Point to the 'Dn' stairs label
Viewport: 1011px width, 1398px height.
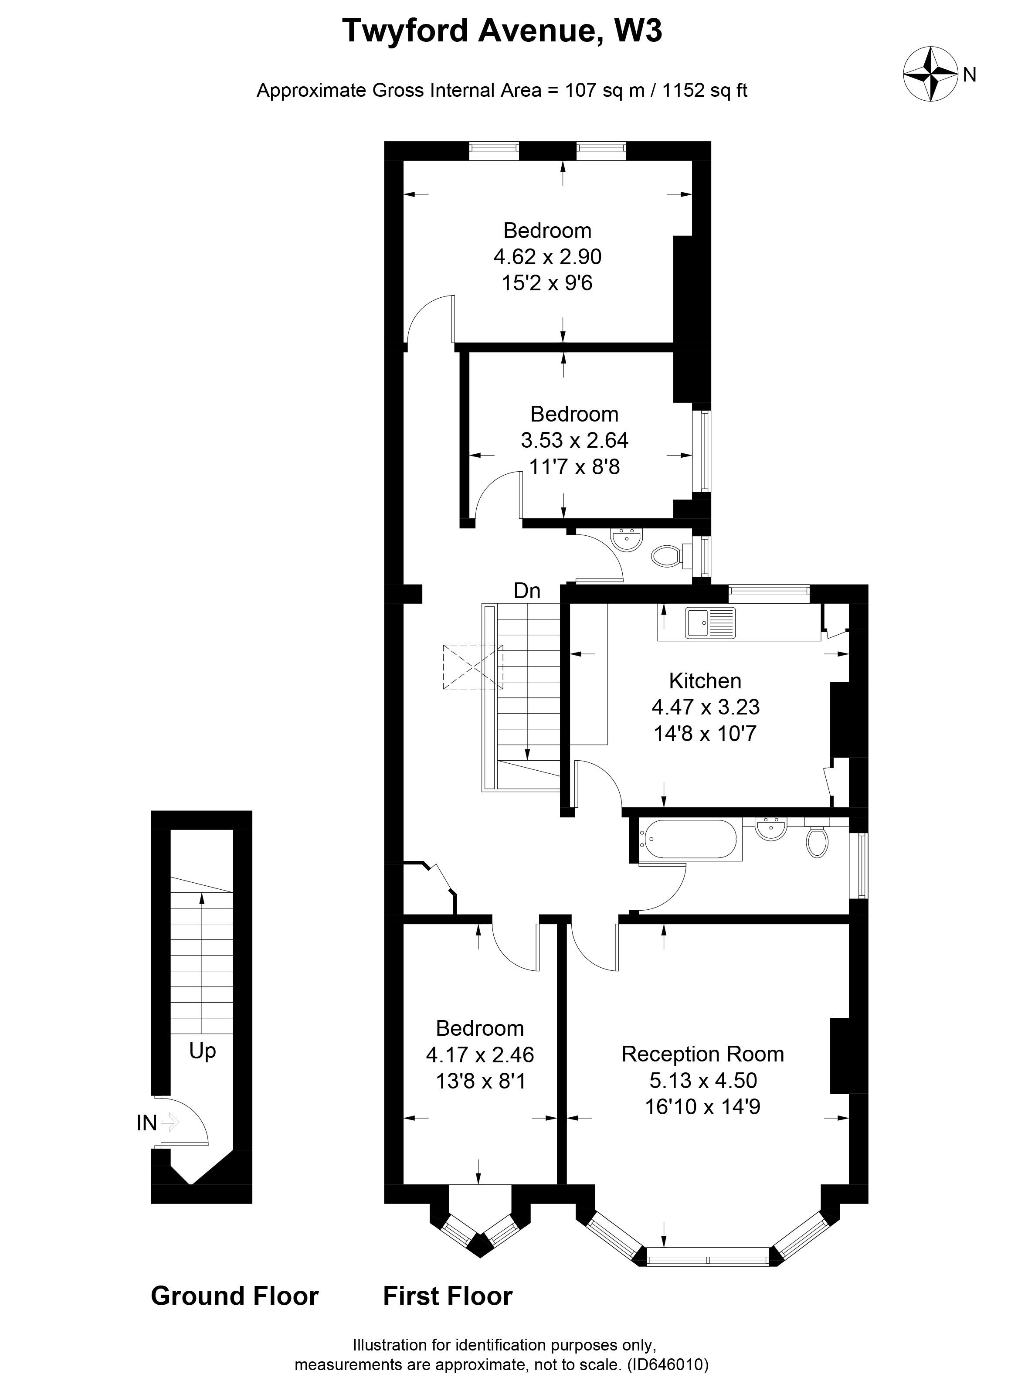tap(527, 591)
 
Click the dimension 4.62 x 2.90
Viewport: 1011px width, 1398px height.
tap(547, 256)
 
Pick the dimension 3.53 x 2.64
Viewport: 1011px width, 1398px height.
tap(574, 440)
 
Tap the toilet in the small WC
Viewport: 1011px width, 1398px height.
tap(665, 557)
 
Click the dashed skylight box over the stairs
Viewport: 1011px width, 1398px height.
tap(472, 667)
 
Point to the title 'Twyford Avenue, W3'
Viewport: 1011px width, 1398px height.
tap(502, 31)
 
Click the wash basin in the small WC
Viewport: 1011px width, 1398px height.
tap(627, 539)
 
